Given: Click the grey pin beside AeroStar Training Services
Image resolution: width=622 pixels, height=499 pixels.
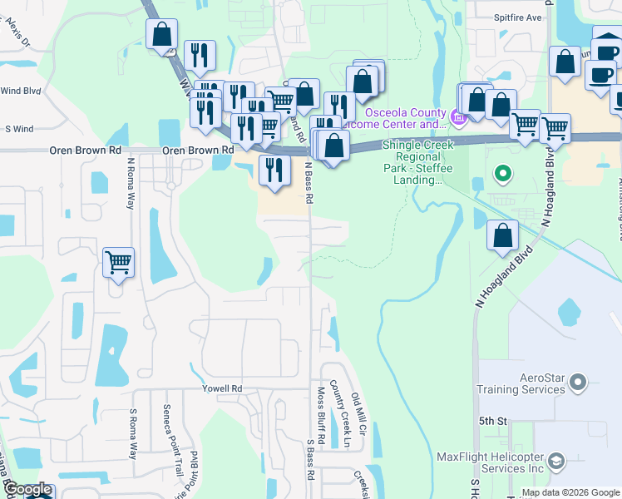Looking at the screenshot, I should [x=579, y=383].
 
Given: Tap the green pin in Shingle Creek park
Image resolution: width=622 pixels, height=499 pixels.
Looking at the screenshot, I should [x=502, y=175].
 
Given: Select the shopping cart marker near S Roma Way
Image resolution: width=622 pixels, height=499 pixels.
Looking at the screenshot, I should [x=118, y=263].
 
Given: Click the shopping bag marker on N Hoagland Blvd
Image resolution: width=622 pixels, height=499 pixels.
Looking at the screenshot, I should [x=503, y=236].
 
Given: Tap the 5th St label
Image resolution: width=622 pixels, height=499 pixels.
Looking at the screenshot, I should [x=492, y=422].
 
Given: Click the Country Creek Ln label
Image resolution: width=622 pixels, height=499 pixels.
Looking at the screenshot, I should [x=338, y=416].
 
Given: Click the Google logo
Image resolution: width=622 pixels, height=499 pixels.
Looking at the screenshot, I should [x=27, y=490].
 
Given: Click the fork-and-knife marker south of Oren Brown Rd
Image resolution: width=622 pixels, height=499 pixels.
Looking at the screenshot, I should [x=274, y=170].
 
